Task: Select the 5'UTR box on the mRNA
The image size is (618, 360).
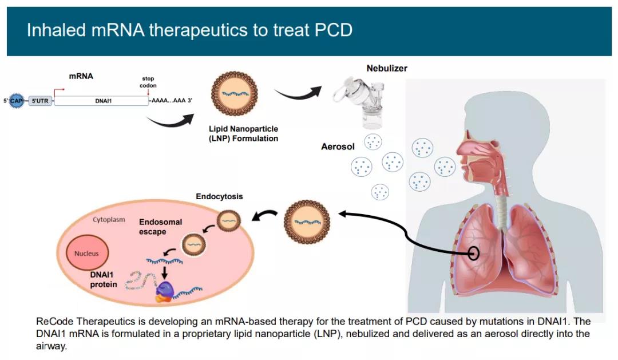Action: coord(39,101)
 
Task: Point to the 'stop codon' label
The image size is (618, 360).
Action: coord(148,82)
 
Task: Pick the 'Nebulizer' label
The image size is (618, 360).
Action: coord(387,69)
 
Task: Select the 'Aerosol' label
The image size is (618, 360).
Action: coord(338,147)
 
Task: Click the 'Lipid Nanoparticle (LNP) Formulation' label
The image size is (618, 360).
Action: coord(243,134)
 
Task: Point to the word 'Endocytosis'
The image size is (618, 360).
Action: coord(219,196)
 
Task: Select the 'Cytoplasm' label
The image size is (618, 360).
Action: coord(109,220)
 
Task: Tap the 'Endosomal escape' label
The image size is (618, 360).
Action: coord(152,226)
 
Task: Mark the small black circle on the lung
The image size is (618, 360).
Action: coord(474,253)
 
